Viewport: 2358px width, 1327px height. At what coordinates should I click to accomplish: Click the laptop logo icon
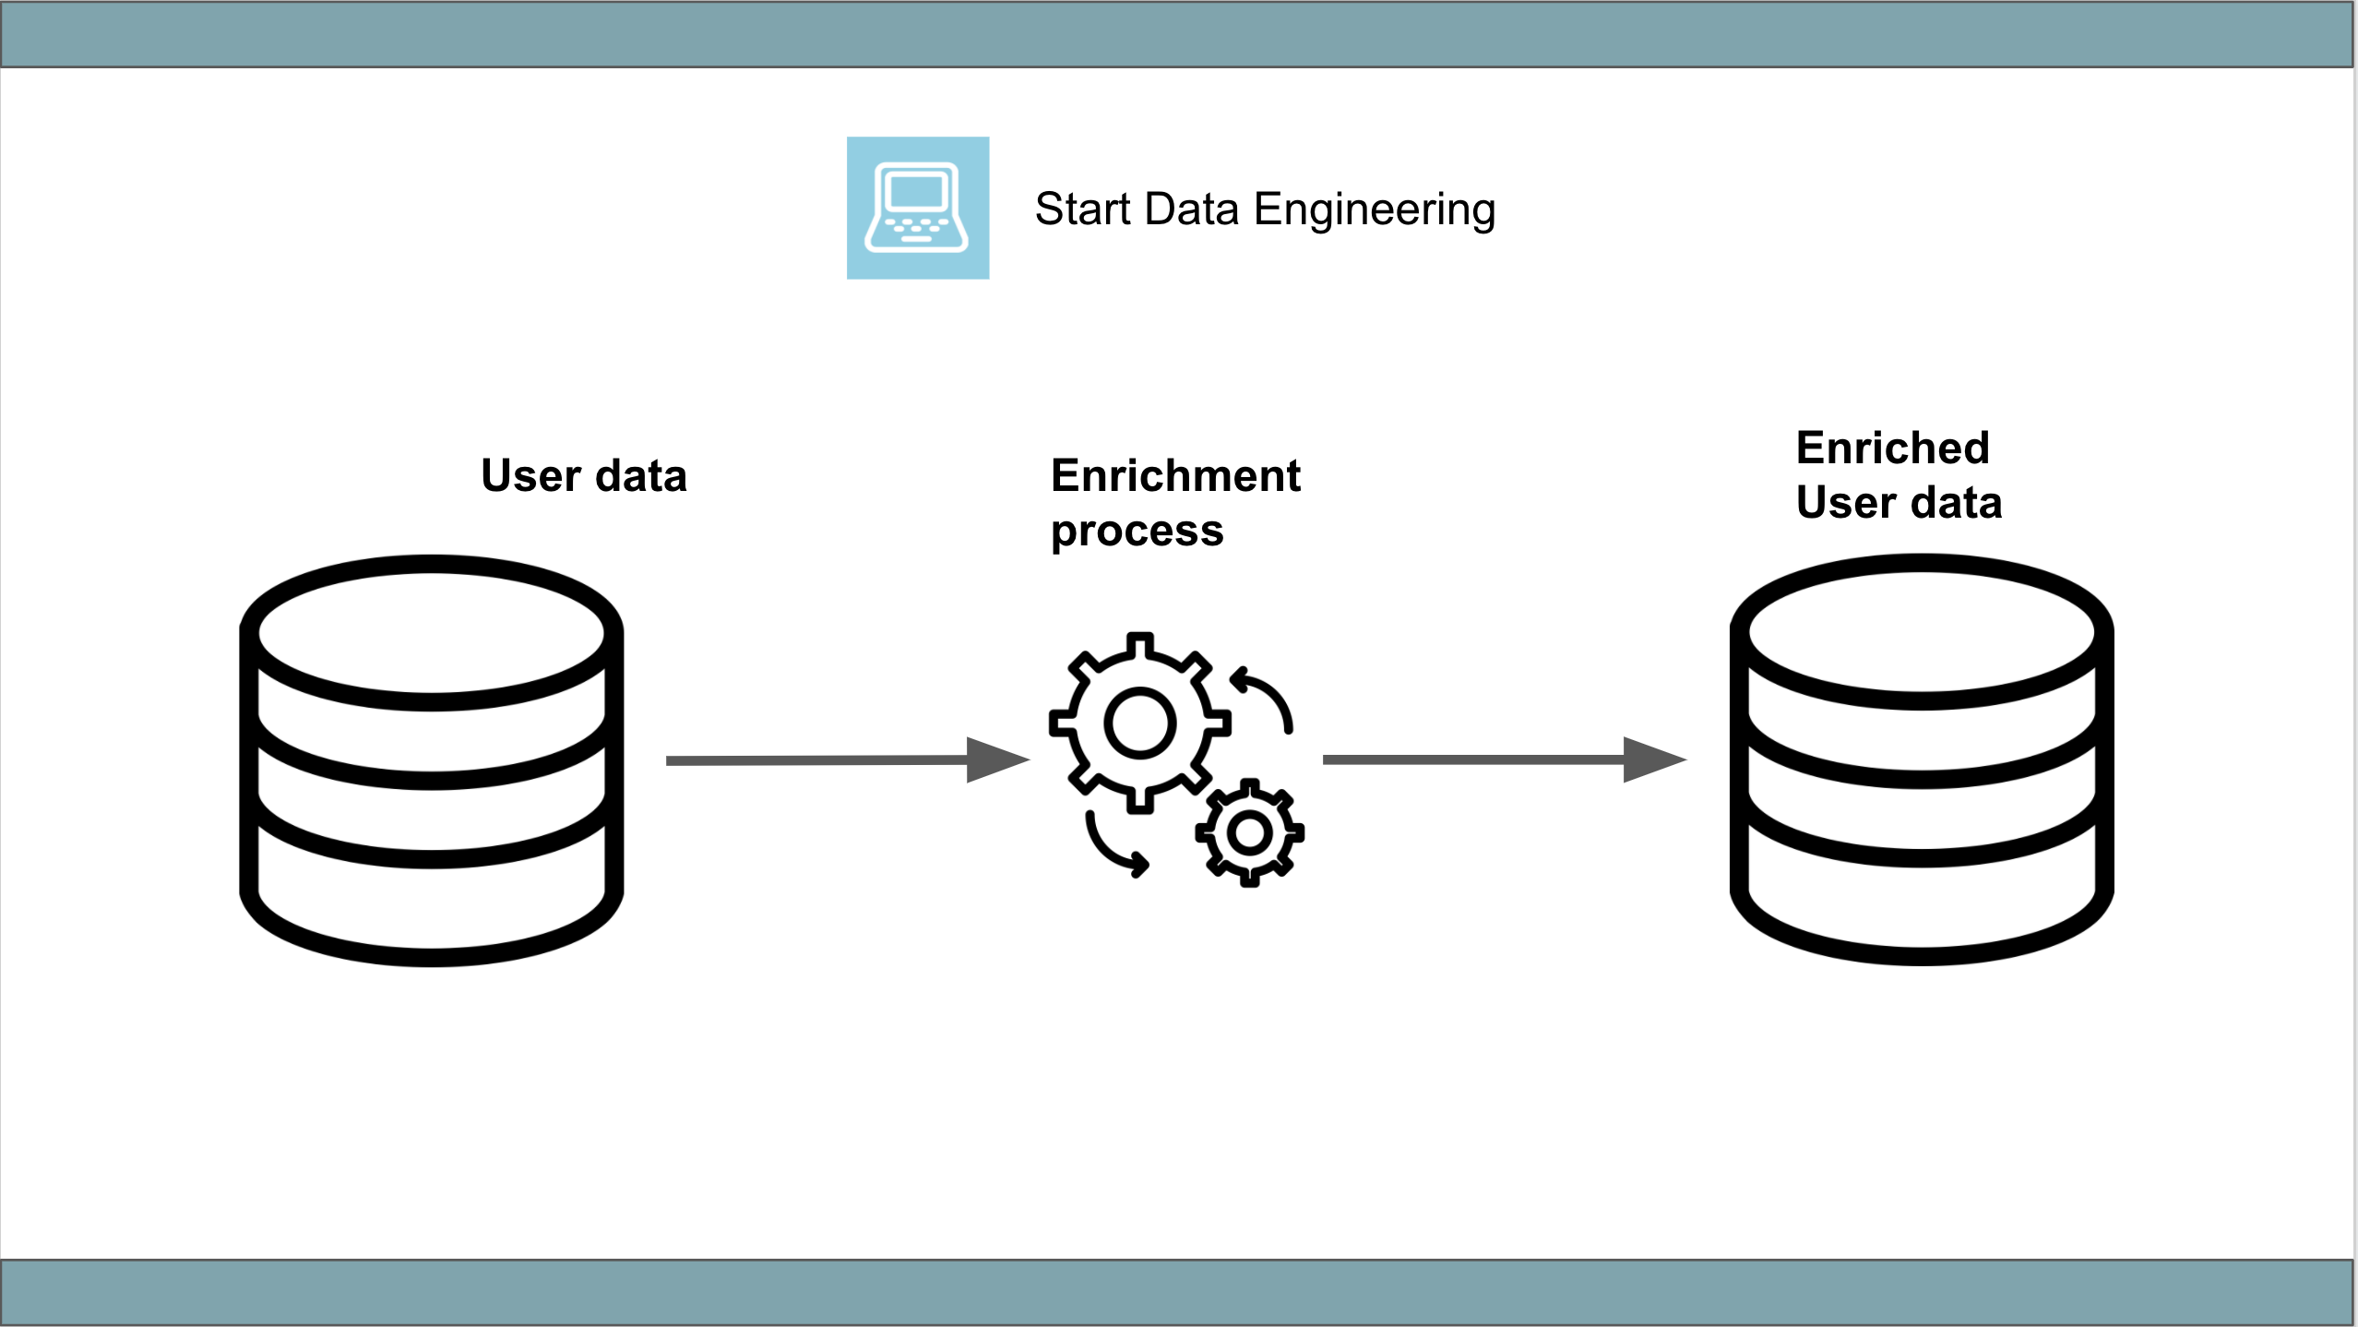(917, 208)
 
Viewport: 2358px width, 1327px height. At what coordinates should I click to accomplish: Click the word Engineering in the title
(1374, 209)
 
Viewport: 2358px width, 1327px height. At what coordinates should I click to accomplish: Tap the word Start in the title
(1082, 209)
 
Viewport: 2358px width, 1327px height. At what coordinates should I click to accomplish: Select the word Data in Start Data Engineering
(1191, 209)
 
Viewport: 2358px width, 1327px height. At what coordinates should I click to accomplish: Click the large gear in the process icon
(1140, 723)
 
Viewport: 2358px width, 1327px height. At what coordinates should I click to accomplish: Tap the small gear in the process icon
(1250, 832)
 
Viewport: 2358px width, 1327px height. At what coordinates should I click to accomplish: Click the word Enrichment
(1174, 476)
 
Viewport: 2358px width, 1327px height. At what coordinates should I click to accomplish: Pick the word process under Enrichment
(1137, 532)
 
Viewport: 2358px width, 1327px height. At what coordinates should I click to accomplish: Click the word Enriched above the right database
(1892, 448)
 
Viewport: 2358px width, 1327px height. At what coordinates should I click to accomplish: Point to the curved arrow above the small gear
(1264, 699)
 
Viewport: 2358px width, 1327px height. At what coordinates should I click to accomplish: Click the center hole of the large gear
(1140, 723)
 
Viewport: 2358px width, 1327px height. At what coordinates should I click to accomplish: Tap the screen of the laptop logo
(916, 192)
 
